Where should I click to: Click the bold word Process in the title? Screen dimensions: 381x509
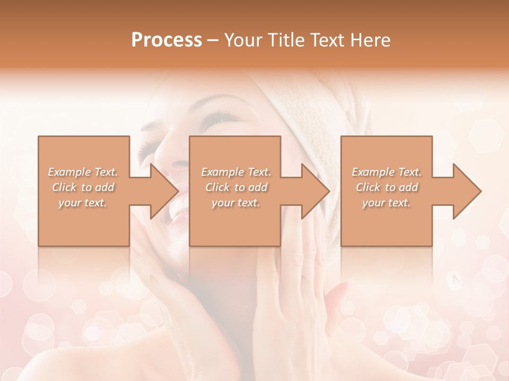point(166,40)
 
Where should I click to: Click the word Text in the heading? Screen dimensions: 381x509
point(327,40)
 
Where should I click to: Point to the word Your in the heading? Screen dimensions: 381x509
point(242,40)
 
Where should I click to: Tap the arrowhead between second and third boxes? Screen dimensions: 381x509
point(315,191)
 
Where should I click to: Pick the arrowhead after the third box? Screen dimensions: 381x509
point(466,191)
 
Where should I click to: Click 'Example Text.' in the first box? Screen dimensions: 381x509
point(83,172)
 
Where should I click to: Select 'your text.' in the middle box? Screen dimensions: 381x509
point(236,203)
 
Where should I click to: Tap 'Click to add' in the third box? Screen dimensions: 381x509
point(387,187)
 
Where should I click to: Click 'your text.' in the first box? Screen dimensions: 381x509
point(83,203)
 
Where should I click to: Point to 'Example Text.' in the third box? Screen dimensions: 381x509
point(387,172)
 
